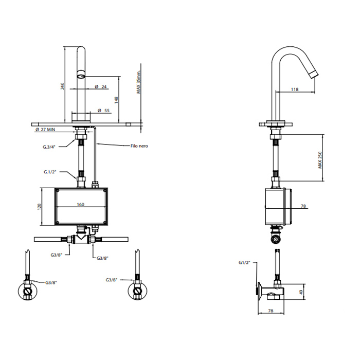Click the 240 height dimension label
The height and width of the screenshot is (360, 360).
point(62,86)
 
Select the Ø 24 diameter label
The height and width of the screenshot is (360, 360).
point(101,86)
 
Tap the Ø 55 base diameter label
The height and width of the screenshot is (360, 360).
point(103,111)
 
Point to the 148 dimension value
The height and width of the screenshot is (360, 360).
point(116,100)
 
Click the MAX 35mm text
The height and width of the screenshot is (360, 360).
point(138,82)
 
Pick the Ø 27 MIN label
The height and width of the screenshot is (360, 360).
point(45,130)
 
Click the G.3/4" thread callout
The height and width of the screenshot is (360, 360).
point(49,147)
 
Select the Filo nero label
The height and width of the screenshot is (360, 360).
point(139,146)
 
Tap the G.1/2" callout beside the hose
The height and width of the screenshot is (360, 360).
point(50,172)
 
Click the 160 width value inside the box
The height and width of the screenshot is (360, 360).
point(81,204)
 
